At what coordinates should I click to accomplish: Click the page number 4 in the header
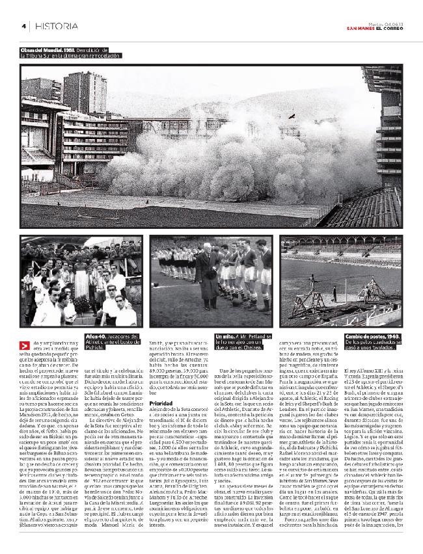pos(23,26)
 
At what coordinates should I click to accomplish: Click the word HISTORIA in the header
pos(57,26)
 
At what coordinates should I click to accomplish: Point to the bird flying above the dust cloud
pos(292,116)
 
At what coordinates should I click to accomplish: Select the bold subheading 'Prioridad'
pos(161,403)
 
